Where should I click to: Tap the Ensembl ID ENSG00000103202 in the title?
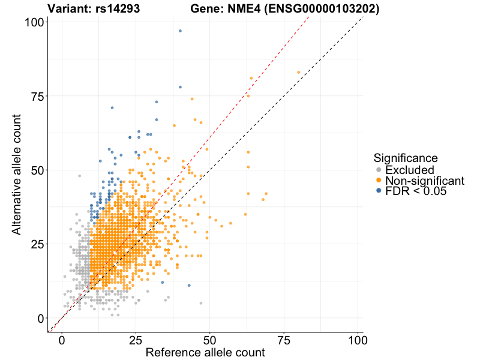pyautogui.click(x=323, y=9)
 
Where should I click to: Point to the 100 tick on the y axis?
pyautogui.click(x=37, y=22)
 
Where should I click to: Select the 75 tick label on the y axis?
pyautogui.click(x=40, y=96)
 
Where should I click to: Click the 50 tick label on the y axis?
pyautogui.click(x=40, y=170)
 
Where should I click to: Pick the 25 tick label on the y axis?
pyautogui.click(x=40, y=244)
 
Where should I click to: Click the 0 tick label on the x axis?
pyautogui.click(x=62, y=340)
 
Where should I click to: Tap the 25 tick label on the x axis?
pyautogui.click(x=136, y=340)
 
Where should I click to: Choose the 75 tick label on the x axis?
pyautogui.click(x=284, y=340)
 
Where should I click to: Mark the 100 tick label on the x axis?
pyautogui.click(x=358, y=340)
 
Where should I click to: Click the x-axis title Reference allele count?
pyautogui.click(x=205, y=353)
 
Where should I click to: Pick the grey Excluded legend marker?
pyautogui.click(x=379, y=170)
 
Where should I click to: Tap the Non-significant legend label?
pyautogui.click(x=425, y=181)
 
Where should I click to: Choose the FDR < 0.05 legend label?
pyautogui.click(x=416, y=191)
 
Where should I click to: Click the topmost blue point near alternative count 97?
pyautogui.click(x=180, y=31)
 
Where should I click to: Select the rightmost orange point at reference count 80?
pyautogui.click(x=298, y=73)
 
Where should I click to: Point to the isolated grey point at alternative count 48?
pyautogui.click(x=79, y=176)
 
